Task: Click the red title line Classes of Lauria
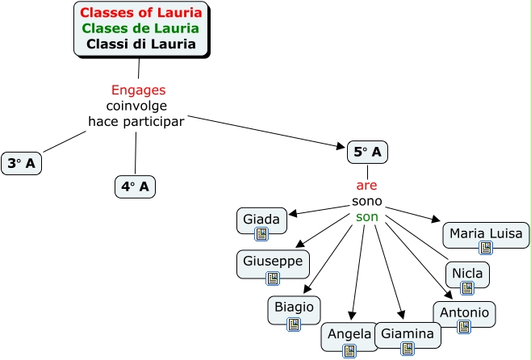tap(141, 13)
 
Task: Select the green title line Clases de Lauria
tap(140, 28)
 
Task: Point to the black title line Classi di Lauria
tap(141, 44)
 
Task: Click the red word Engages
tap(139, 90)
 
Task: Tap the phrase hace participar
tap(136, 121)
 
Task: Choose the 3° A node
tap(21, 163)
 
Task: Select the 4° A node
tap(135, 186)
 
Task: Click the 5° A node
tap(367, 152)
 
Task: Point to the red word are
tap(366, 186)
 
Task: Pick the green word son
tap(366, 217)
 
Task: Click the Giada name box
tap(261, 220)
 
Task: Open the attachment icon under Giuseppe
tap(273, 278)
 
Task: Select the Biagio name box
tap(294, 310)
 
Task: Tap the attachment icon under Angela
tap(349, 351)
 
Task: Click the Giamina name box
tap(408, 335)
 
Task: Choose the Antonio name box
tap(464, 314)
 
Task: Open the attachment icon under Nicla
tap(467, 288)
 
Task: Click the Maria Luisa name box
tap(486, 235)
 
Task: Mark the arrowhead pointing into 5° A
tap(341, 146)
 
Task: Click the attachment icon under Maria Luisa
tap(486, 248)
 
